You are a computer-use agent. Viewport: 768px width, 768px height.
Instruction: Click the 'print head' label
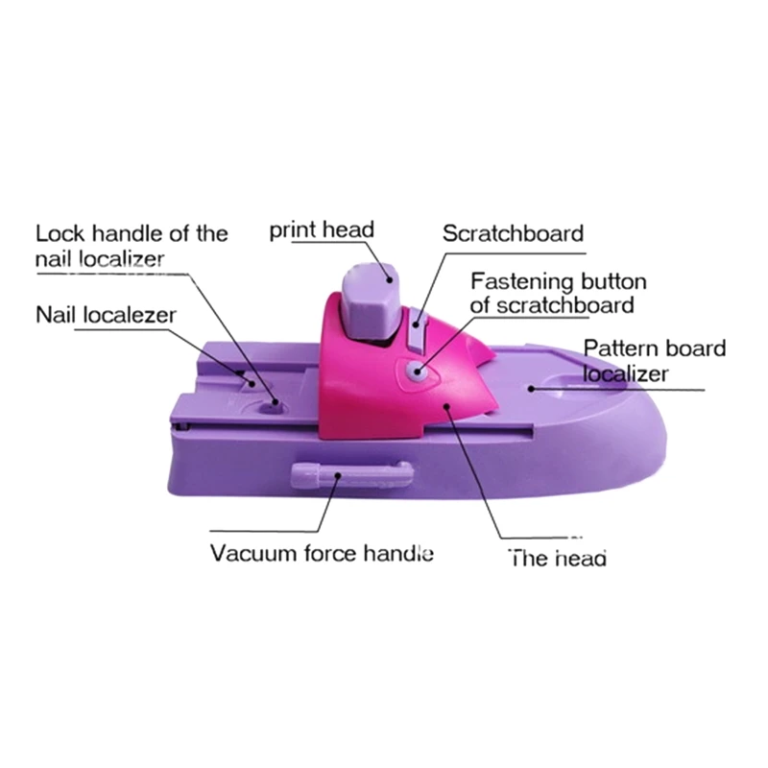point(321,230)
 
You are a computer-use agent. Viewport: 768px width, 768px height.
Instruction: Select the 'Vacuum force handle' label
point(322,554)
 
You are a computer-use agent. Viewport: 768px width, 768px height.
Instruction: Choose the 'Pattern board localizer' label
point(655,360)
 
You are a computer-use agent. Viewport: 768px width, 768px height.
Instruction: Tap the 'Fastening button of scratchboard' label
point(559,294)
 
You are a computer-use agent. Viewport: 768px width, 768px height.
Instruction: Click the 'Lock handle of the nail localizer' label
point(132,246)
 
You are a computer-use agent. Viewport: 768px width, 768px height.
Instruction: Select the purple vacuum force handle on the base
point(350,471)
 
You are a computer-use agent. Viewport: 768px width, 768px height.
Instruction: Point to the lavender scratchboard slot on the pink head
point(416,329)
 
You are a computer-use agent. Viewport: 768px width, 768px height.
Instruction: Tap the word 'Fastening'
point(518,282)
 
